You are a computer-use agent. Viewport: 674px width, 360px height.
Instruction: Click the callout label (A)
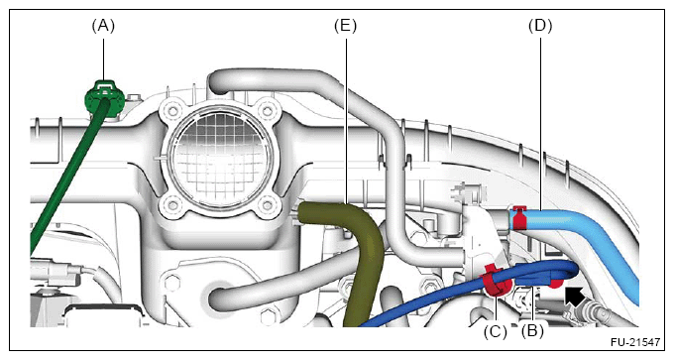[x=103, y=26]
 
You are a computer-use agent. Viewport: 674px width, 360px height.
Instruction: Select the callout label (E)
[x=345, y=26]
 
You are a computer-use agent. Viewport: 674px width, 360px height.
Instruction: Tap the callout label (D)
[x=540, y=26]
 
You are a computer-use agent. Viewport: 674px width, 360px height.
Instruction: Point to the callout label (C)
[x=496, y=331]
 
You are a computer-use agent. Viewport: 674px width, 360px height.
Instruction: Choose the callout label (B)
[x=532, y=331]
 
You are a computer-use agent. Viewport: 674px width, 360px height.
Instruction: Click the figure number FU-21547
[x=635, y=342]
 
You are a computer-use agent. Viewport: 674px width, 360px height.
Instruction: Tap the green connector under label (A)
[x=105, y=99]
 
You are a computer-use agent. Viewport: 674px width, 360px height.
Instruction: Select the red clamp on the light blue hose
[x=519, y=217]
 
